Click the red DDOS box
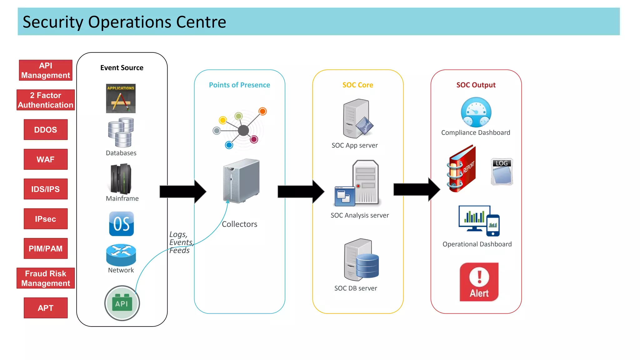click(46, 130)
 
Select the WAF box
click(46, 159)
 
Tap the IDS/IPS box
click(46, 189)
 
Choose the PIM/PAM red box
click(46, 248)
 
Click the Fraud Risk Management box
click(46, 278)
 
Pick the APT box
click(46, 308)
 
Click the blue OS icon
click(121, 224)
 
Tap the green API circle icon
click(122, 303)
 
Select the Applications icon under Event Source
click(121, 98)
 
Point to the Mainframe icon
click(121, 179)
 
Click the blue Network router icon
click(121, 254)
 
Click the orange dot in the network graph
click(262, 111)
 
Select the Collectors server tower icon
click(241, 181)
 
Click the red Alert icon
click(479, 282)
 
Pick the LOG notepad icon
click(502, 172)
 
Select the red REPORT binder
click(462, 169)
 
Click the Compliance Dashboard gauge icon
click(476, 112)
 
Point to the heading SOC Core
click(357, 85)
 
